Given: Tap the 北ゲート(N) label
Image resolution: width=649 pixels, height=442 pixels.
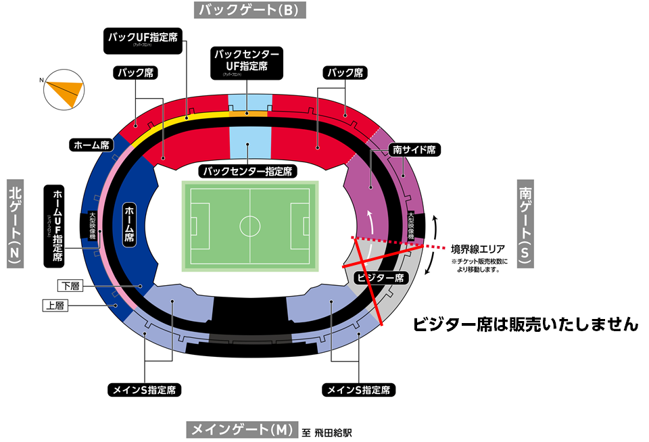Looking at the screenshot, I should pyautogui.click(x=17, y=223).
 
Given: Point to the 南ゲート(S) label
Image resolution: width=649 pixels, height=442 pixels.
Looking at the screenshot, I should pyautogui.click(x=527, y=223).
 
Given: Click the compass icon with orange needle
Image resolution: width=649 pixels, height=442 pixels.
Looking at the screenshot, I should pyautogui.click(x=63, y=89).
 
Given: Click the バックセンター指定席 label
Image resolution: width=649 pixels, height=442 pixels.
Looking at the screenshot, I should pyautogui.click(x=249, y=171).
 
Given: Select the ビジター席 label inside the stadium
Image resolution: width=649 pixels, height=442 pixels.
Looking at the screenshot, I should pyautogui.click(x=379, y=277).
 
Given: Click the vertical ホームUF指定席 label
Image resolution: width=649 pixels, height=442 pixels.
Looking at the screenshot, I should pyautogui.click(x=58, y=225).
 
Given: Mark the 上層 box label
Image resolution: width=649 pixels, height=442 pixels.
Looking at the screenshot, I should pyautogui.click(x=55, y=305).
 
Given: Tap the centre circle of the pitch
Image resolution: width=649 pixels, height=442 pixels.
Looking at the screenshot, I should pyautogui.click(x=249, y=224).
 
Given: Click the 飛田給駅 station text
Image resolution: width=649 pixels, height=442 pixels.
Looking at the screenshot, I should pyautogui.click(x=334, y=431).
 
